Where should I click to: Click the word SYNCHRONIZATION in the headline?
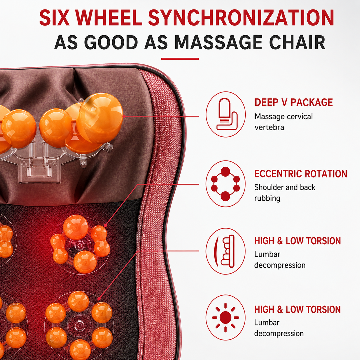click(x=241, y=18)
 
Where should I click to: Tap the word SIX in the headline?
click(x=54, y=18)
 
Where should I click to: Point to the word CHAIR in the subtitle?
click(x=297, y=42)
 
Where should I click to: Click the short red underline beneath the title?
click(x=180, y=59)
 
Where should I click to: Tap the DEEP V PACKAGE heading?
click(x=294, y=102)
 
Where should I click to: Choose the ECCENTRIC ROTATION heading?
click(x=301, y=174)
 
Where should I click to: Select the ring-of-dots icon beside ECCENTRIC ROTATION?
click(x=225, y=184)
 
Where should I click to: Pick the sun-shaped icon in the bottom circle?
click(x=225, y=318)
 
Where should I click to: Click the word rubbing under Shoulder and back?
click(x=267, y=198)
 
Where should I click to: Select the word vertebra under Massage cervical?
click(x=269, y=127)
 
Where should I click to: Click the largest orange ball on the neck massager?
click(x=100, y=118)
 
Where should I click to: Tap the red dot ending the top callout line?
click(x=124, y=116)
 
